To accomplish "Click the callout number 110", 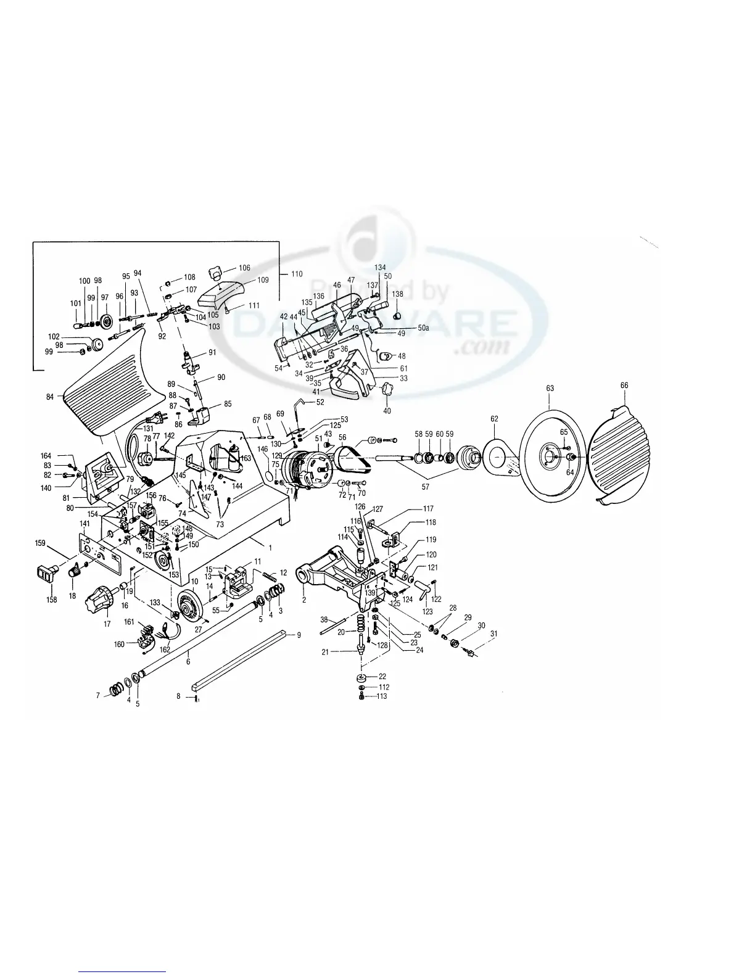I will [297, 273].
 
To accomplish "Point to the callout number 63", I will [550, 389].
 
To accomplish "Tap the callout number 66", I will [624, 385].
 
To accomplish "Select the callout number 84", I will [50, 397].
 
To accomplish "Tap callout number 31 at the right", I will [493, 633].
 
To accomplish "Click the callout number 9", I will [299, 635].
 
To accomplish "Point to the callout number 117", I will [428, 509].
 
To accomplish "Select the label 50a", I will [423, 328].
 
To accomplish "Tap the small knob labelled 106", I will [216, 270].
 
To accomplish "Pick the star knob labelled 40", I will [387, 390].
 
